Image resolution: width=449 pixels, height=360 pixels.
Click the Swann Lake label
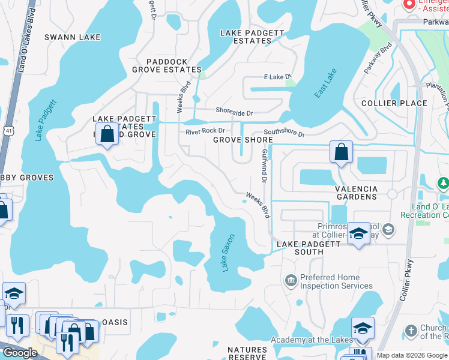tap(73, 37)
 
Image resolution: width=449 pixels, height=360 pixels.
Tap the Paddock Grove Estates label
tap(166, 65)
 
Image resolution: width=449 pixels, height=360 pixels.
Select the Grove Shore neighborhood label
tap(243, 140)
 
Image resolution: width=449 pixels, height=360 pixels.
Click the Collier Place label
tap(394, 103)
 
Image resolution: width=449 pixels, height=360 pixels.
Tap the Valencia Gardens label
tap(356, 193)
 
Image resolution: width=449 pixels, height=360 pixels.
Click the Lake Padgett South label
tap(309, 248)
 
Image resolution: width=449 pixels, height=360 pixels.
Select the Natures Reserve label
tap(247, 353)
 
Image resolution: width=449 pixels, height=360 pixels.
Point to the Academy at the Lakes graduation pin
tap(363, 328)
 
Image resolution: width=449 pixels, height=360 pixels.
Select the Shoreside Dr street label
tap(235, 112)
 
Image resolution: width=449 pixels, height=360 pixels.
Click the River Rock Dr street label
tap(205, 131)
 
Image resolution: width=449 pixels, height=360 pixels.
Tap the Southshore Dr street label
tap(284, 133)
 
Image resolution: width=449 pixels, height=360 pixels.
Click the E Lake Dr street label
tap(277, 77)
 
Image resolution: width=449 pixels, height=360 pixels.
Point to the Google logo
tap(20, 353)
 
